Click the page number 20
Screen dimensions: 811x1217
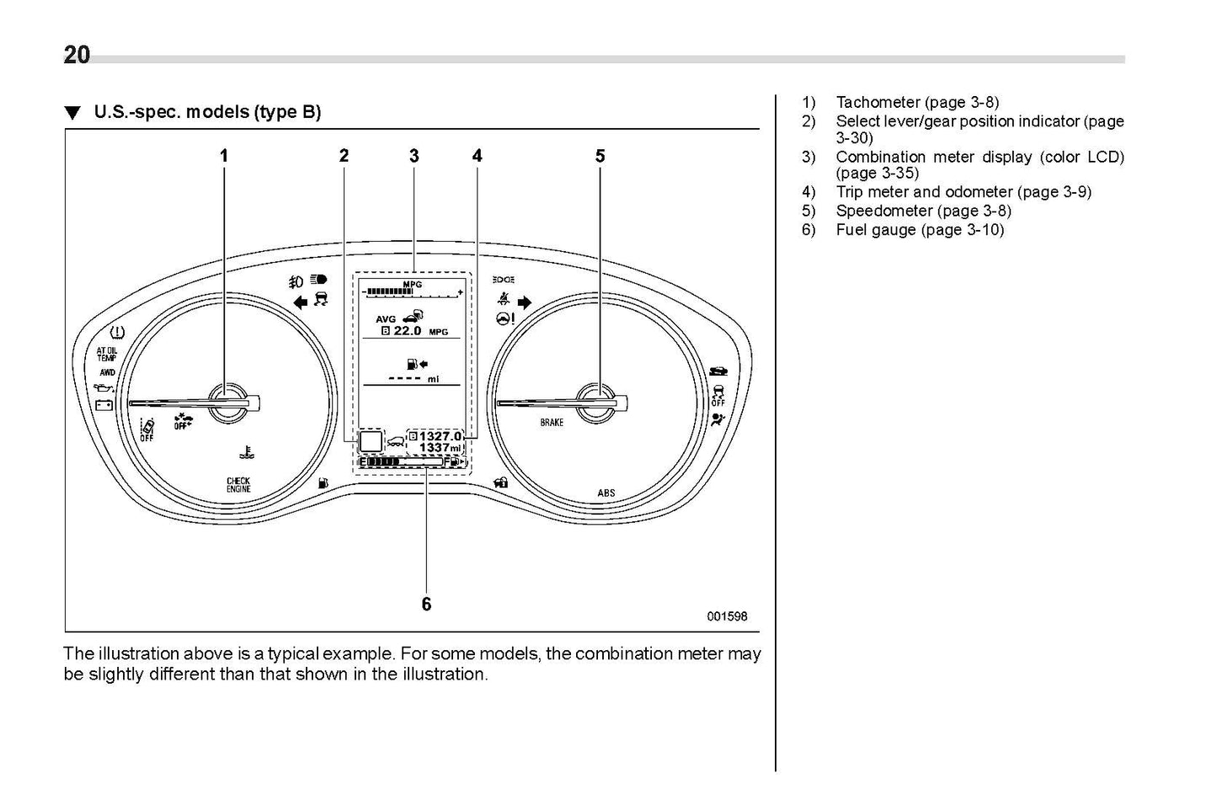[x=77, y=56]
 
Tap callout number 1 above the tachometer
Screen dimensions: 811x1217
[x=224, y=156]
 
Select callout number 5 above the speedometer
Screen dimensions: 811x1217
[x=600, y=156]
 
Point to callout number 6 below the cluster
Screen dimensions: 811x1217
[x=426, y=604]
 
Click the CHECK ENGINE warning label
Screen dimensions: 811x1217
[x=238, y=485]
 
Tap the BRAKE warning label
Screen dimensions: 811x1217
[x=552, y=422]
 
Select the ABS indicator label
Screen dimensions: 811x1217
[x=606, y=493]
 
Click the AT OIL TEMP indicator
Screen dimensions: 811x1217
[x=107, y=354]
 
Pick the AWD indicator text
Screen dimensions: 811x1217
[x=107, y=372]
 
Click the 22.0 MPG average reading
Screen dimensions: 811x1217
[x=414, y=331]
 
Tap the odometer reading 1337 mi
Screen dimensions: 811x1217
[x=440, y=448]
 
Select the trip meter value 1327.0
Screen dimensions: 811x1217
[x=440, y=435]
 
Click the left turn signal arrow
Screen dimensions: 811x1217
[x=300, y=303]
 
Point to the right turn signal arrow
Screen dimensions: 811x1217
[x=525, y=302]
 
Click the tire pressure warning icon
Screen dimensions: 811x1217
[x=118, y=333]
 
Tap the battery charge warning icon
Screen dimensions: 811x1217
[x=104, y=405]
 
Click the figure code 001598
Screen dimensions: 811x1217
[x=726, y=616]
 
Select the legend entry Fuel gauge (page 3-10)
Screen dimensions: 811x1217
[x=920, y=230]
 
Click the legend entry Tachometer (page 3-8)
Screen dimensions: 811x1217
[x=917, y=103]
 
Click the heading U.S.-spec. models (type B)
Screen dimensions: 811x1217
[x=207, y=112]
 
